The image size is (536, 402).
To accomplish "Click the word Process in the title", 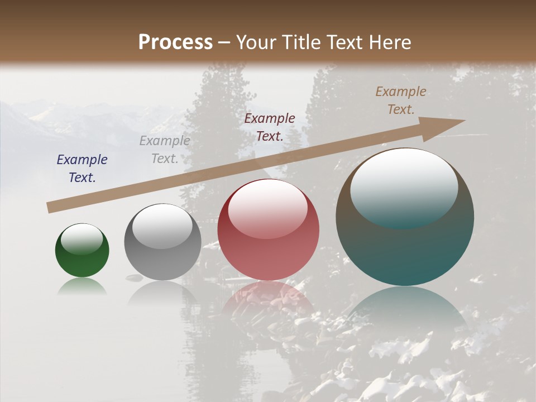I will point(175,42).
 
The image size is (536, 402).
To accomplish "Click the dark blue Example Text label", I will point(82,169).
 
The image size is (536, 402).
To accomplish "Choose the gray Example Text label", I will point(165,150).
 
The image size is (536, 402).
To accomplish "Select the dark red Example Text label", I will point(270,127).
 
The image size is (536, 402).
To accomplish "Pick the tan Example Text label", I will point(401,100).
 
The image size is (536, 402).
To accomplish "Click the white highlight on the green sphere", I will point(82,239).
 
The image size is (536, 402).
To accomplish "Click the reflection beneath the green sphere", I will point(82,286).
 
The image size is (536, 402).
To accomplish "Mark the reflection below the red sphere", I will point(268,299).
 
